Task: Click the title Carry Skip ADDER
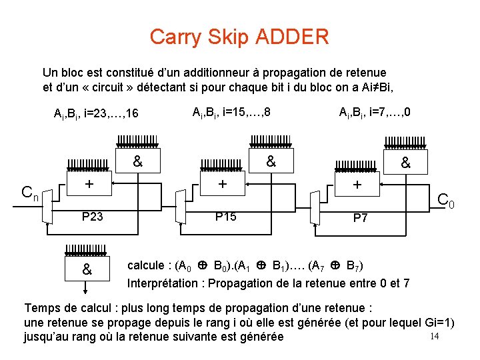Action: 239,37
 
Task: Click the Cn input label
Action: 29,194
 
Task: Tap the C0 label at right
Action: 445,199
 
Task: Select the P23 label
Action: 92,217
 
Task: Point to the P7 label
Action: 360,218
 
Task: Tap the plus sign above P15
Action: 223,184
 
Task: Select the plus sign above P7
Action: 357,184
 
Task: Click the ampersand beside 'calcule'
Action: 87,270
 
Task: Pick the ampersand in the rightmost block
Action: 405,162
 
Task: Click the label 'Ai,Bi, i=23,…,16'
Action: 96,114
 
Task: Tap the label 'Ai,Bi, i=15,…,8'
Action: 231,112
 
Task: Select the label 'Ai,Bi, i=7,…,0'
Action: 374,112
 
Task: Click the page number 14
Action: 434,335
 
